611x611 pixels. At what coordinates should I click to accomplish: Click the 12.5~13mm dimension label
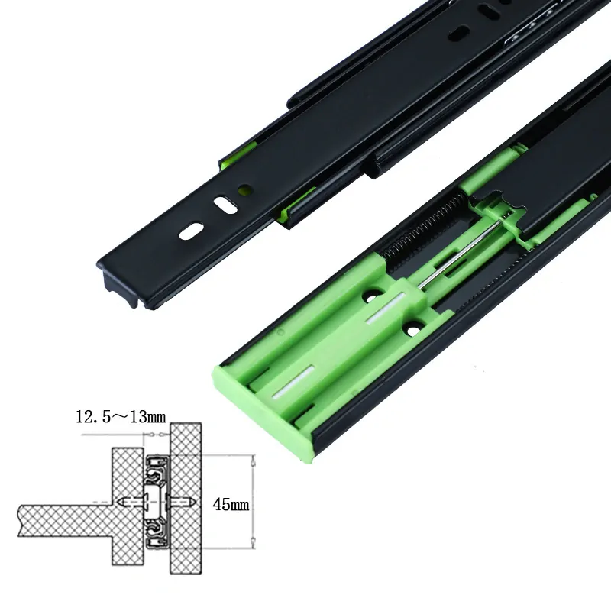[x=121, y=416]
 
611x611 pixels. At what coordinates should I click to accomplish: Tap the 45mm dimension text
[x=231, y=505]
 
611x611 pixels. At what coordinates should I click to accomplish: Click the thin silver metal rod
[x=460, y=254]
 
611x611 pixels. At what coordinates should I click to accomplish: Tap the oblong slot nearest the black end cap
[x=191, y=231]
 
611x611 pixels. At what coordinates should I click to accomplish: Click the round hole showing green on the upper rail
[x=245, y=189]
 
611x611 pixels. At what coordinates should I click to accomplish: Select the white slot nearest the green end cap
[x=293, y=381]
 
